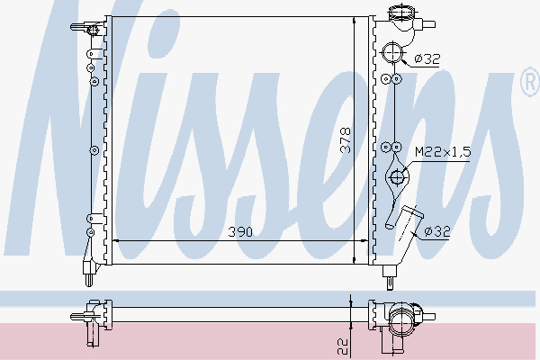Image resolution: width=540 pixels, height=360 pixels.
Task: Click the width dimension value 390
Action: tap(238, 232)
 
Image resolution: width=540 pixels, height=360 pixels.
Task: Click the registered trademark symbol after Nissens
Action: tap(528, 85)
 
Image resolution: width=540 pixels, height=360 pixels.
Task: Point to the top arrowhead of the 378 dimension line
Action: tap(351, 18)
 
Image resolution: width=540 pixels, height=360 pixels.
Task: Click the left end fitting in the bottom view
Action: tap(91, 317)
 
